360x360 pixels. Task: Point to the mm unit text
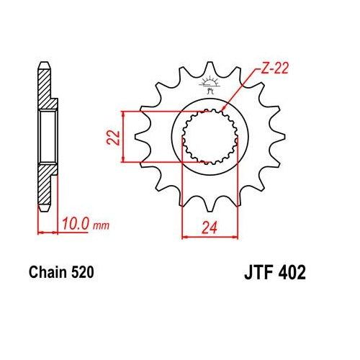102,225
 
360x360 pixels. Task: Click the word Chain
48,274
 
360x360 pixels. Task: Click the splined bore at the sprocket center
207,136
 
